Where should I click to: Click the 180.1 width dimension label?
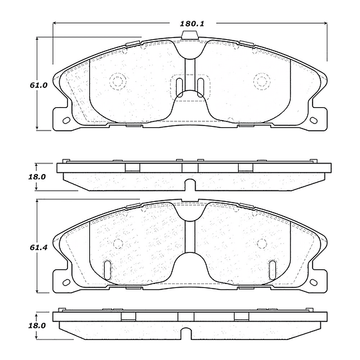click(x=192, y=23)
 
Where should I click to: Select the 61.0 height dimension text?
click(x=39, y=85)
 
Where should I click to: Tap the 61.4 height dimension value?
click(x=39, y=247)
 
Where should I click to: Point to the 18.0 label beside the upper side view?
click(x=37, y=177)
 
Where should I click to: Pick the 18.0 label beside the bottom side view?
click(x=37, y=325)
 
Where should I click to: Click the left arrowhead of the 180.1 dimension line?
click(x=55, y=23)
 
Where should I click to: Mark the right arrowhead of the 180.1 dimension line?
click(x=325, y=23)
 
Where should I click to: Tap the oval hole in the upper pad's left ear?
click(x=67, y=120)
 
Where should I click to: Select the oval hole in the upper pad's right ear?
click(x=313, y=120)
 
